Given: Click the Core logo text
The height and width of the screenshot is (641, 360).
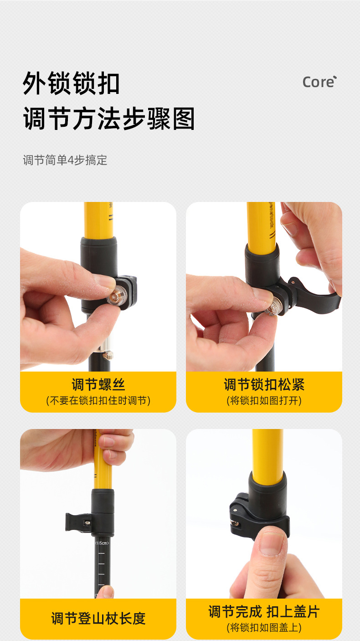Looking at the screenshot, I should coord(319,82).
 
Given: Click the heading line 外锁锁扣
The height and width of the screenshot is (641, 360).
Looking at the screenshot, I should coord(72,83).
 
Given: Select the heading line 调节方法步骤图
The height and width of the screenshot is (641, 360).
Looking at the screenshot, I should coord(109,119).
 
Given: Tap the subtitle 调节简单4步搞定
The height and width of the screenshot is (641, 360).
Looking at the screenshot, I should coord(65,160).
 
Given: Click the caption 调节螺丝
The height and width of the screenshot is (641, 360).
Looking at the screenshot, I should coord(98,385).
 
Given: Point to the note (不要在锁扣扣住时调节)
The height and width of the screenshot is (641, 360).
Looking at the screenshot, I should coord(98,401).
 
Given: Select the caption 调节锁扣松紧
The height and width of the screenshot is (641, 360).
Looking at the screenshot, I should coord(264,385).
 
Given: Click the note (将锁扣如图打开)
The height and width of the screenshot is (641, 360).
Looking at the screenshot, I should coord(264,401).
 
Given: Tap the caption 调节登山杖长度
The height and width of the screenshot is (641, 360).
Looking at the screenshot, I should coord(98,619).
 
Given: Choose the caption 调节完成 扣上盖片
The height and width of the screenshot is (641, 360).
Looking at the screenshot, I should coord(264,611).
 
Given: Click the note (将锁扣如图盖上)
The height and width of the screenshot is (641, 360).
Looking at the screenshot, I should coord(264,627).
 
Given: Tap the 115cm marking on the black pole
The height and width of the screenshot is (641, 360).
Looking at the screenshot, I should coord(102,543).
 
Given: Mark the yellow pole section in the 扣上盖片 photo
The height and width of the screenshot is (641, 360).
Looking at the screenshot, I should coord(267,451).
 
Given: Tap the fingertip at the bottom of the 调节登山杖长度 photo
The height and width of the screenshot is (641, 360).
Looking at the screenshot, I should coord(106,592).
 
